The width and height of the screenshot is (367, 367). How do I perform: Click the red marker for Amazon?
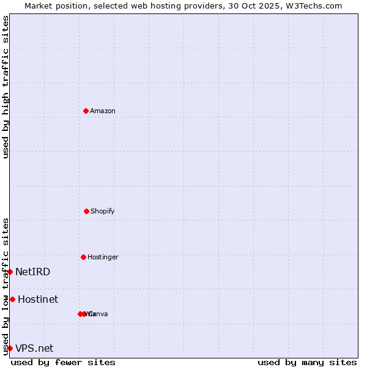click(86, 111)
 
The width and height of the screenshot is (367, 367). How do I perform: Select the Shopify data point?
click(86, 211)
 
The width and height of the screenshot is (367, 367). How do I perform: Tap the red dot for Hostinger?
click(83, 257)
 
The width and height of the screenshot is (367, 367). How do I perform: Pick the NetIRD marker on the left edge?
click(10, 272)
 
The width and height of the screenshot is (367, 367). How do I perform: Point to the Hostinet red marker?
click(12, 299)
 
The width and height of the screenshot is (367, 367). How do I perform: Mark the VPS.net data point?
click(10, 348)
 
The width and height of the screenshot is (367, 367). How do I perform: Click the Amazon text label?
click(103, 111)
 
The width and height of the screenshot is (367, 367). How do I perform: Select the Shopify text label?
click(103, 211)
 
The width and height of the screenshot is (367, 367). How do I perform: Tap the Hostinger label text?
click(103, 257)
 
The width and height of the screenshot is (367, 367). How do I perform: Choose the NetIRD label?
click(33, 272)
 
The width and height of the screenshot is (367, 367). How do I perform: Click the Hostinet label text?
click(38, 299)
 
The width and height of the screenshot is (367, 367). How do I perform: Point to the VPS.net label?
click(34, 348)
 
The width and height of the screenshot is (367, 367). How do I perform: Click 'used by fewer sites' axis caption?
click(63, 362)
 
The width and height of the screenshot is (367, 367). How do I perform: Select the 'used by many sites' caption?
click(307, 362)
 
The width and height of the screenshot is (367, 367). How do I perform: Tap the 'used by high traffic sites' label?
click(6, 87)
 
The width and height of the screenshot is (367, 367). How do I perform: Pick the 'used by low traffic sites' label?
click(6, 286)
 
